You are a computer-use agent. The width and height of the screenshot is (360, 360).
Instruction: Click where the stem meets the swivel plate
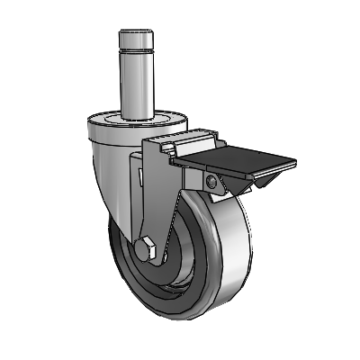(136, 115)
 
